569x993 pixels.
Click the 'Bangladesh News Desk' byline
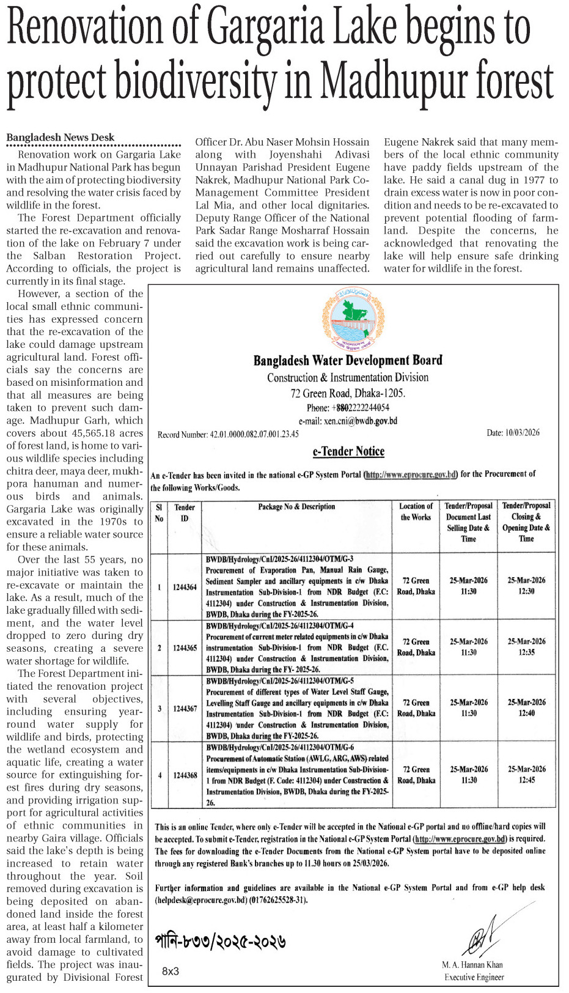pyautogui.click(x=61, y=138)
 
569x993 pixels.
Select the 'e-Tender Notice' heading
pyautogui.click(x=348, y=452)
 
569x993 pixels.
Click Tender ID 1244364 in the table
pyautogui.click(x=185, y=587)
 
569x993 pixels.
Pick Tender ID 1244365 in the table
pyautogui.click(x=185, y=648)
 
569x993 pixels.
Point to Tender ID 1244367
pyautogui.click(x=185, y=709)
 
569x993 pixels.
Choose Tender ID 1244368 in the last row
pyautogui.click(x=185, y=775)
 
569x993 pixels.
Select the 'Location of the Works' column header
pyautogui.click(x=416, y=512)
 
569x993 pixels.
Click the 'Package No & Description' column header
pyautogui.click(x=296, y=507)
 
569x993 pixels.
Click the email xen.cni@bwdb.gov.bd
pyautogui.click(x=348, y=421)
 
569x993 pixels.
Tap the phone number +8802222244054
pyautogui.click(x=348, y=408)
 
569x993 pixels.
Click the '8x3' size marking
pyautogui.click(x=171, y=971)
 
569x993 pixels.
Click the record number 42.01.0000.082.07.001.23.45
pyautogui.click(x=228, y=435)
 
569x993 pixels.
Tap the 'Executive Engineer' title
pyautogui.click(x=474, y=977)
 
